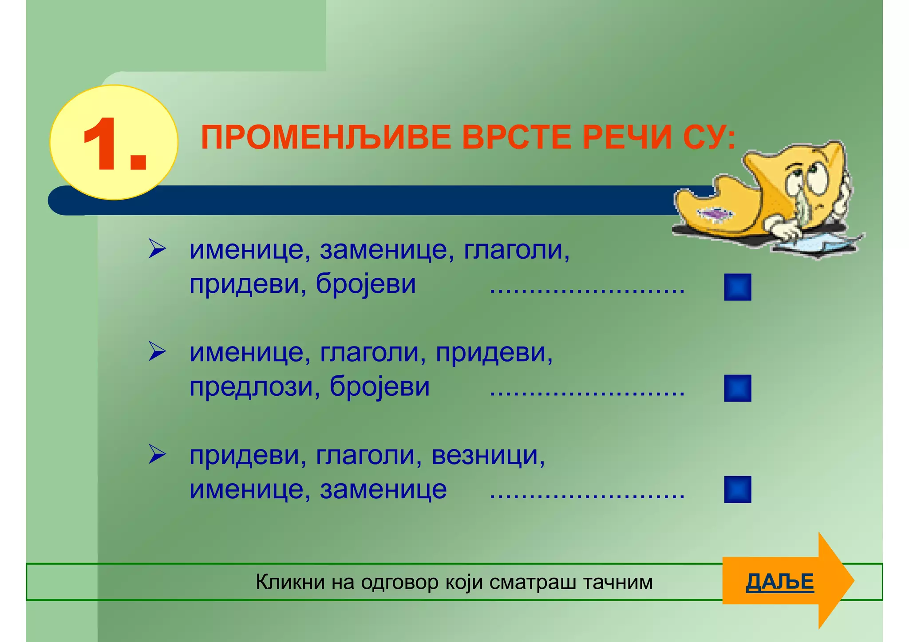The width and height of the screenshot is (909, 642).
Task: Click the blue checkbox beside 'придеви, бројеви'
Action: (737, 287)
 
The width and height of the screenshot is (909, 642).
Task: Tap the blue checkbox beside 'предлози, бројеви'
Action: (737, 388)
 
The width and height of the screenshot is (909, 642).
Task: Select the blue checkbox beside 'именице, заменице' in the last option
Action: (737, 489)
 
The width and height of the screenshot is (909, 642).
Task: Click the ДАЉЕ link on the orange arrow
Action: (780, 582)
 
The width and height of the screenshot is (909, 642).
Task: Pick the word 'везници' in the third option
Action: (487, 455)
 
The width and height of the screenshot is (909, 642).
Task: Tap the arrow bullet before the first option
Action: (157, 249)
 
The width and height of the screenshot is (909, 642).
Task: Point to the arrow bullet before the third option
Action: (157, 454)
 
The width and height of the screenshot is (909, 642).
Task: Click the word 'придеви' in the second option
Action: (494, 353)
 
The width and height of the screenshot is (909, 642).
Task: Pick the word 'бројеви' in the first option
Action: (366, 284)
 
